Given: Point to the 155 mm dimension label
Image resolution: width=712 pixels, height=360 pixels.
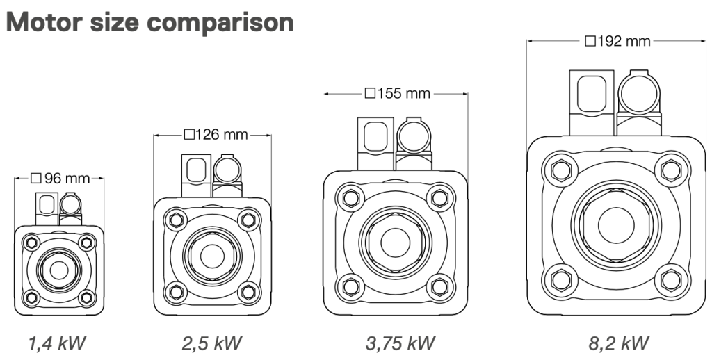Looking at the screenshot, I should click(x=397, y=93).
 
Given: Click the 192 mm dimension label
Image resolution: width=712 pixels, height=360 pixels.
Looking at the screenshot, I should click(x=617, y=41).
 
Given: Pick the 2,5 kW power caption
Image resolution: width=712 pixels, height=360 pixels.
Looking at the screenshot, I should click(x=212, y=343).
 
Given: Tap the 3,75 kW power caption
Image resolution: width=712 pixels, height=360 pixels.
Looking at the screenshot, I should click(x=400, y=343).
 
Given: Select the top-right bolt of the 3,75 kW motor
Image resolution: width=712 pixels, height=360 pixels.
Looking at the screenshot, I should click(x=439, y=198).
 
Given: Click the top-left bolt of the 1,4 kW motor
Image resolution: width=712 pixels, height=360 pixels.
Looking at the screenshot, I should click(x=30, y=243).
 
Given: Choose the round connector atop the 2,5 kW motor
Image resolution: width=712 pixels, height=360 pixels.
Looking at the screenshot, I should click(x=227, y=168).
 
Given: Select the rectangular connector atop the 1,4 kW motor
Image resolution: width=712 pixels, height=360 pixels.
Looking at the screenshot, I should click(x=47, y=204).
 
